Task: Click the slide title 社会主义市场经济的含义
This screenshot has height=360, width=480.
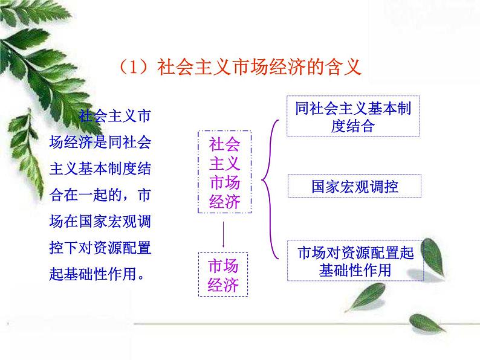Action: coord(259,67)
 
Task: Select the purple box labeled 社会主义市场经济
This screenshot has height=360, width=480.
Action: coord(224,172)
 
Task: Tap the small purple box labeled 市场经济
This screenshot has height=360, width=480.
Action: coord(223,275)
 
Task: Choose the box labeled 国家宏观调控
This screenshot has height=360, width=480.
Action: coord(354,186)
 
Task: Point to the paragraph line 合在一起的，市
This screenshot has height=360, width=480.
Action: coord(100,196)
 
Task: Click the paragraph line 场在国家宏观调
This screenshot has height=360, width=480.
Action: coord(100,222)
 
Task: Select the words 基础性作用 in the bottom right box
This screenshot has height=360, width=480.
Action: coord(355,269)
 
